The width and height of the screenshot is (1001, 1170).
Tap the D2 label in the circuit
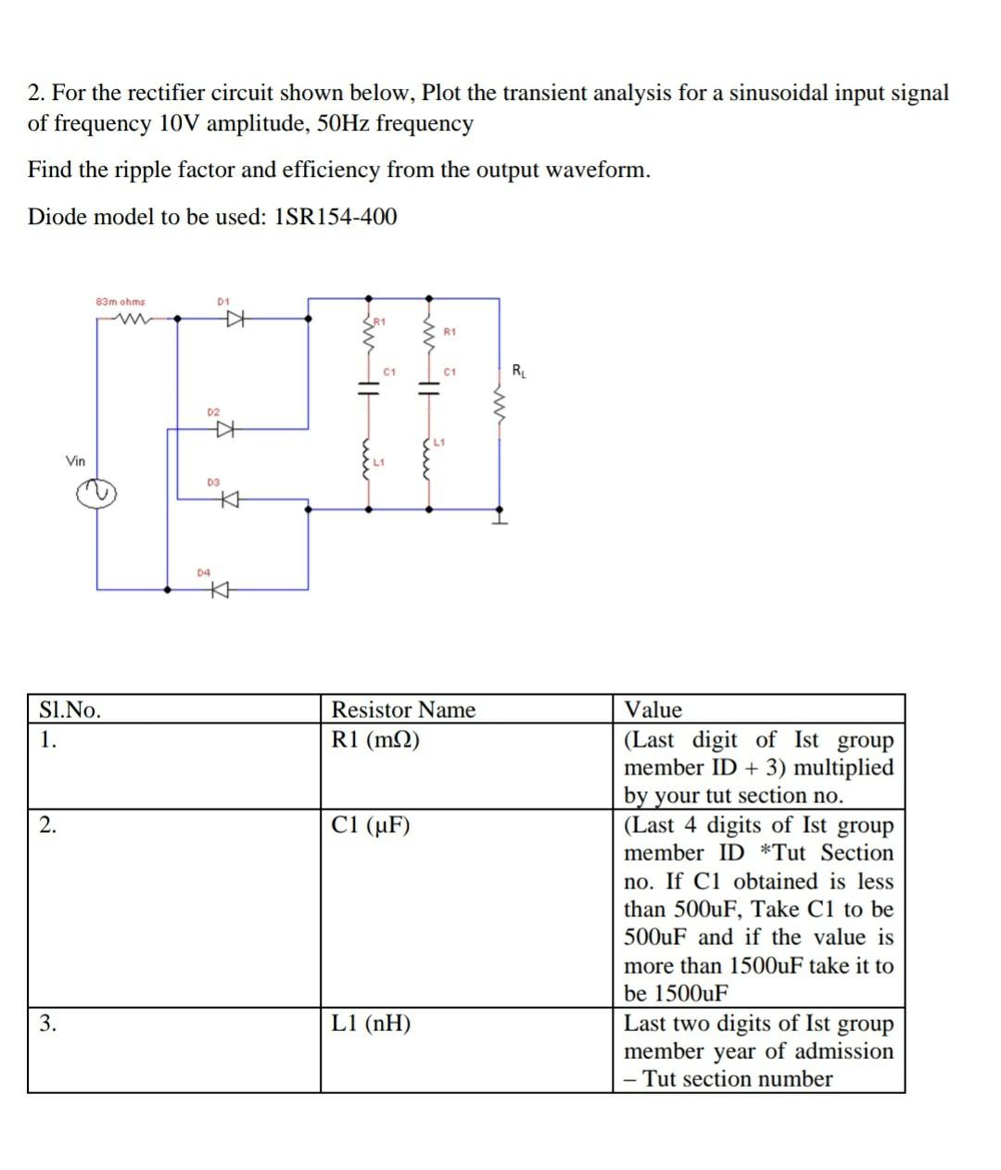[213, 411]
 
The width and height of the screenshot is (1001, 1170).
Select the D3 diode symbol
[228, 500]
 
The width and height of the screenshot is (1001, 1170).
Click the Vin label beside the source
[76, 460]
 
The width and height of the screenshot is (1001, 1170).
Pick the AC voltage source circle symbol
[96, 496]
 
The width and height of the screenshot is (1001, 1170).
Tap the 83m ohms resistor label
[120, 302]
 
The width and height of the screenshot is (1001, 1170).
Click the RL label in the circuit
[518, 371]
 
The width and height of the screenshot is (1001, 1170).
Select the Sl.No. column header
[70, 711]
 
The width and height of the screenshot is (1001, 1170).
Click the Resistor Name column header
[403, 711]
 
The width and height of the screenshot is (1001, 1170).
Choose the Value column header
[653, 711]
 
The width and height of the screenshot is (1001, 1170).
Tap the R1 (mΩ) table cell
[375, 740]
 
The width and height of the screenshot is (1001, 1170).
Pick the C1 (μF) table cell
[371, 825]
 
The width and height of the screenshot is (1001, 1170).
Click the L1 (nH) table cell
[372, 1024]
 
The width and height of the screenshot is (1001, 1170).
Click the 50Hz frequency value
[343, 123]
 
